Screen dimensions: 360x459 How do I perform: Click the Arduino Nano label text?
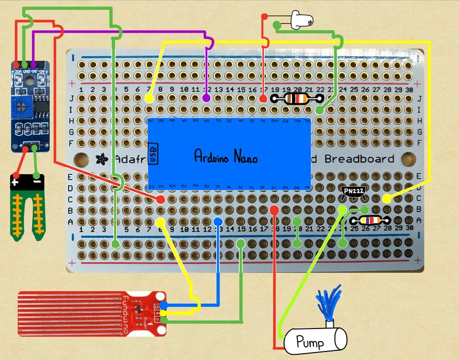(x=225, y=156)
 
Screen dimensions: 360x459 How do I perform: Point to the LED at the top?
(x=301, y=21)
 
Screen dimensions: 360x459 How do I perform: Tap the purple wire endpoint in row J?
(x=207, y=99)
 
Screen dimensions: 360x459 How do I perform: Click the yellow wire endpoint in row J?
(x=149, y=99)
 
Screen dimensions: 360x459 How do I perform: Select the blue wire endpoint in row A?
(x=217, y=221)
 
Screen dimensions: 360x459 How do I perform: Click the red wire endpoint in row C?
(x=161, y=198)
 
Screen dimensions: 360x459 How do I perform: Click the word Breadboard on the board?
(x=360, y=159)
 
